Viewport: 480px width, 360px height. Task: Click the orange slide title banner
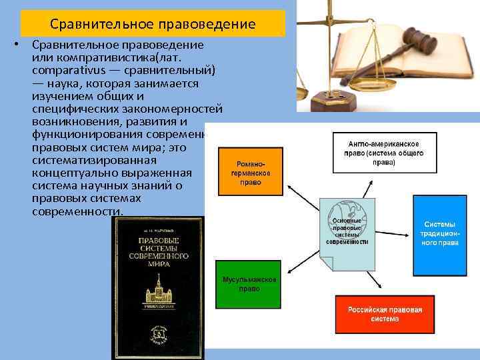point(153,24)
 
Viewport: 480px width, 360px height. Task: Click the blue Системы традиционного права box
point(439,235)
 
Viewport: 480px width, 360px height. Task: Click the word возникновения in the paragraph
point(75,121)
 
